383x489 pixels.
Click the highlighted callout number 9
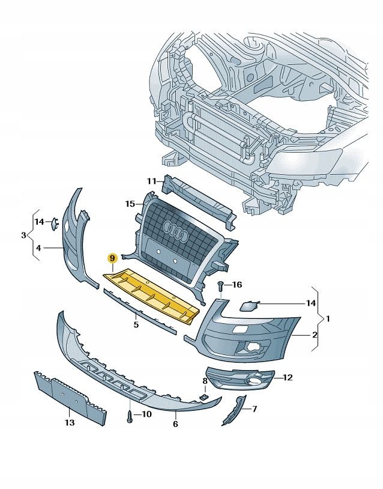tap(112, 258)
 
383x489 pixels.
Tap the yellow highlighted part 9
tap(150, 295)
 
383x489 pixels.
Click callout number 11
tap(151, 181)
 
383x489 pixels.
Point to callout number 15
tap(130, 204)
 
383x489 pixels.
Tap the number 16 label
tap(237, 285)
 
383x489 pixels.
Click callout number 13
tap(69, 423)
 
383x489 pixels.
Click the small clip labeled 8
tap(204, 396)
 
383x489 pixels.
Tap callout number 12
tap(288, 377)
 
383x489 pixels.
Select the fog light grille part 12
tap(240, 378)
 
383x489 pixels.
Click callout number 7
tap(254, 409)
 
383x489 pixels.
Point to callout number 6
tap(175, 424)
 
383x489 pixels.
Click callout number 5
tap(136, 324)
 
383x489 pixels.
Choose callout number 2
tap(314, 334)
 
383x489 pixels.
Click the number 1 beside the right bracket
tap(328, 318)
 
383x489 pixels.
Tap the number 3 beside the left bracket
tap(23, 235)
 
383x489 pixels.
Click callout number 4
tap(38, 248)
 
